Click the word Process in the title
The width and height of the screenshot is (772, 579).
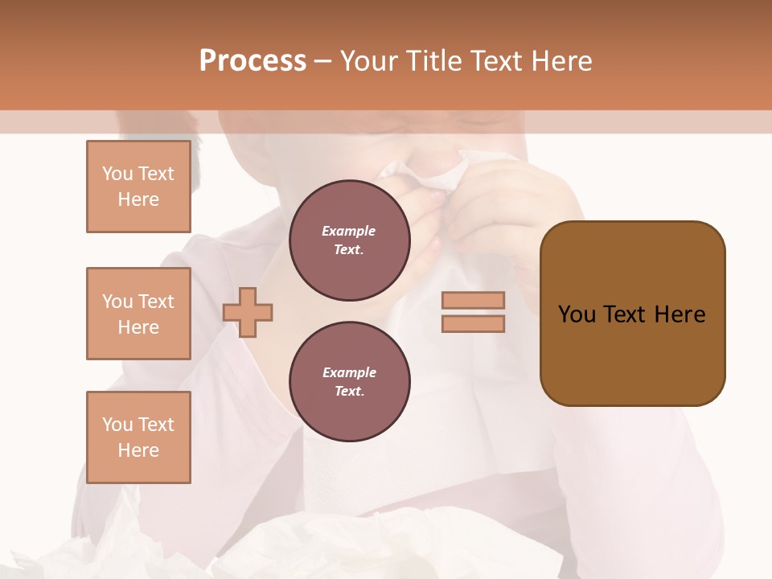click(253, 61)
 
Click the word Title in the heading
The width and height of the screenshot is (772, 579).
click(436, 61)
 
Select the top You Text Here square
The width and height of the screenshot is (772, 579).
click(138, 187)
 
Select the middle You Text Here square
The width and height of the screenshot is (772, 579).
click(138, 314)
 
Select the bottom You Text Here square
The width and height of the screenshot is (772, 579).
click(138, 437)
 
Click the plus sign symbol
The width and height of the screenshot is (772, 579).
click(248, 312)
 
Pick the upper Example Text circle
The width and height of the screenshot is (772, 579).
click(349, 240)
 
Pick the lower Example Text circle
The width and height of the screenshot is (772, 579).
click(349, 381)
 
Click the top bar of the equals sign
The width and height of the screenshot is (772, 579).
click(473, 300)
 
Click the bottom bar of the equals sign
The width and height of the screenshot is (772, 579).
click(473, 323)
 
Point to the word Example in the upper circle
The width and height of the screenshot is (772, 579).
click(349, 231)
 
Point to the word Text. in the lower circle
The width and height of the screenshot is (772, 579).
click(349, 391)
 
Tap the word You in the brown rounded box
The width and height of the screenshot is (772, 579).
click(576, 314)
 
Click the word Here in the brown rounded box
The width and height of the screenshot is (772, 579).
click(680, 314)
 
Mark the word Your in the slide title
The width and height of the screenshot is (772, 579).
click(370, 61)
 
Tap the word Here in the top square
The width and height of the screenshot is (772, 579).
click(138, 199)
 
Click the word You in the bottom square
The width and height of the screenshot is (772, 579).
click(117, 425)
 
